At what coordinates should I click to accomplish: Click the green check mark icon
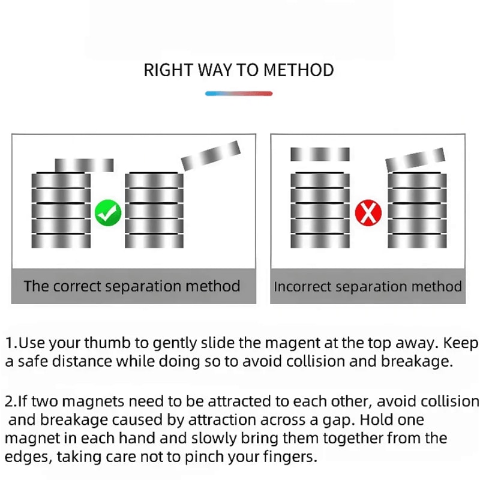pos(108,212)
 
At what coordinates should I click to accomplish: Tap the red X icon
pos(367,212)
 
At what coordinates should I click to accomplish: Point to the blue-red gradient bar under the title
pos(239,94)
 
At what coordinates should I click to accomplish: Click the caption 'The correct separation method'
pos(132,286)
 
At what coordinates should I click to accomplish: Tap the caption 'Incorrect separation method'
pos(368,286)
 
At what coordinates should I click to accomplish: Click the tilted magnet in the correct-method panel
pos(211,155)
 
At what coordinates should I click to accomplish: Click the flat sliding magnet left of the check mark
pos(84,164)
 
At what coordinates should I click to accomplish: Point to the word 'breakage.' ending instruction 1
pos(416,362)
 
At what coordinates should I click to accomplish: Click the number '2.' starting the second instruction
pos(11,401)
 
